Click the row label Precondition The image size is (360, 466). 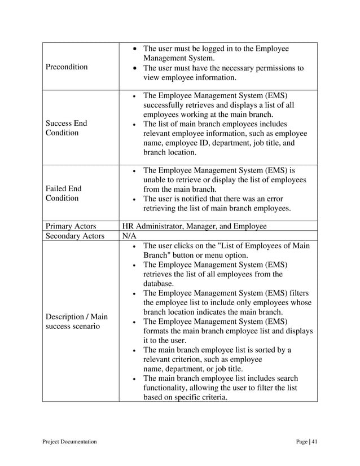(x=67, y=67)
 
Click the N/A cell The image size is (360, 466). (x=129, y=236)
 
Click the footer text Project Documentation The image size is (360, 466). (x=69, y=441)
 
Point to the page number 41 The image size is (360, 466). (x=314, y=441)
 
